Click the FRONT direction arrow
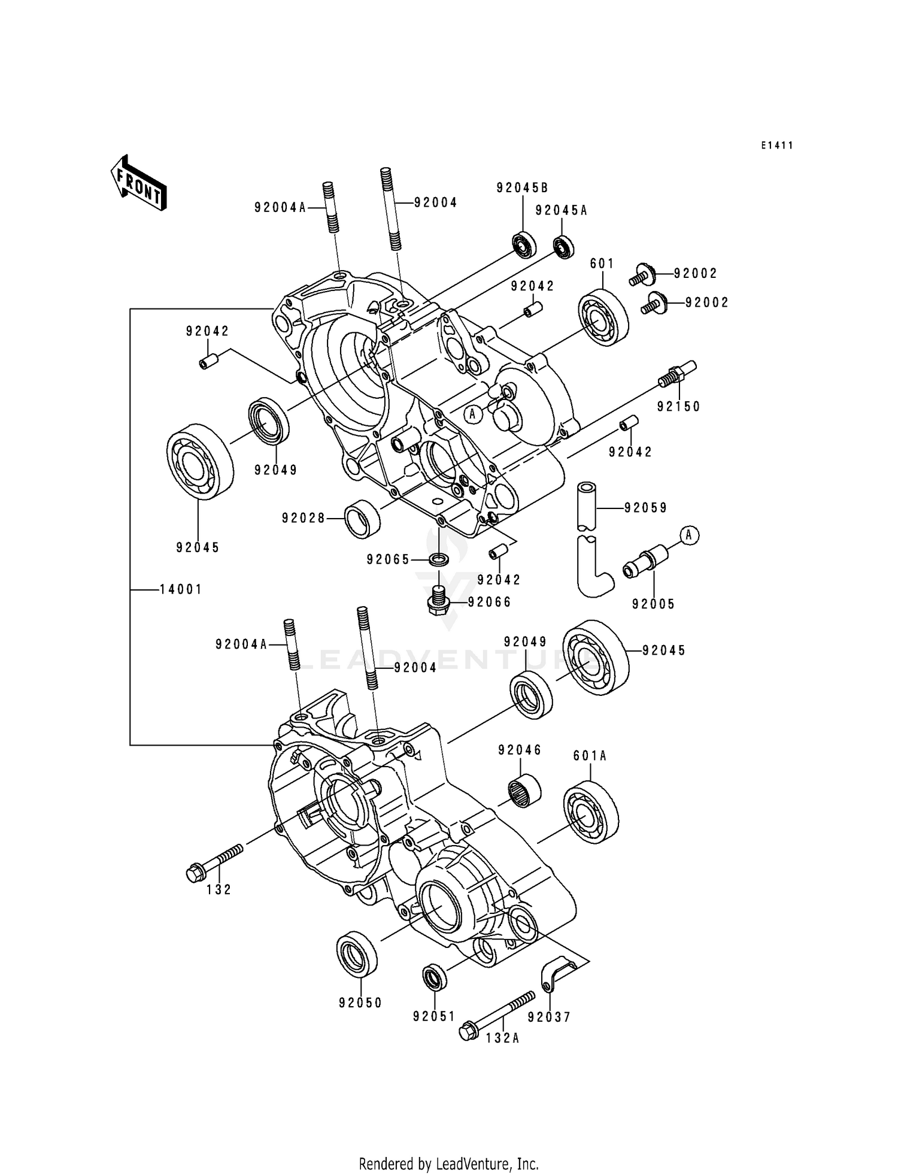click(x=138, y=183)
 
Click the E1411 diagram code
click(x=776, y=146)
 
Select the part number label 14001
click(x=181, y=589)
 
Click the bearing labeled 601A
click(x=591, y=811)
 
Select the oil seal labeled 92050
click(x=357, y=954)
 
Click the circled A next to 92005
click(x=689, y=534)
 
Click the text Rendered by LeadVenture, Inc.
click(x=448, y=1164)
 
